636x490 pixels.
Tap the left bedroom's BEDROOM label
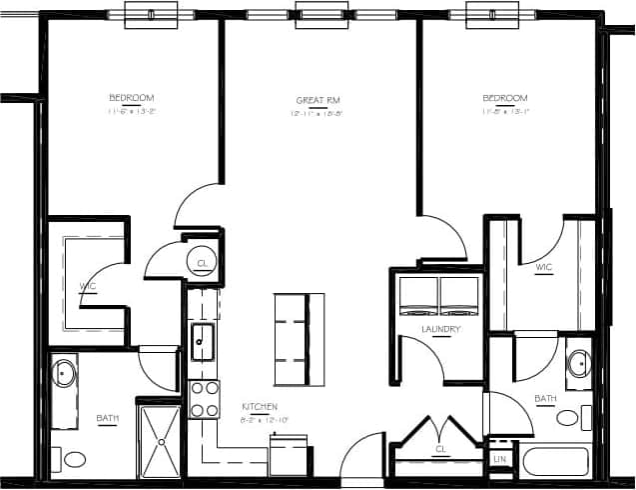132,97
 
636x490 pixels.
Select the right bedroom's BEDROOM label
504,97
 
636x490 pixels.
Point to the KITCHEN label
259,407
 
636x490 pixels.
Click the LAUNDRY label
440,328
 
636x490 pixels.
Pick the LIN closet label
499,459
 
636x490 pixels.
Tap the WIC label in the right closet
544,267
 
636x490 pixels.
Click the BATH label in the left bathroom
107,418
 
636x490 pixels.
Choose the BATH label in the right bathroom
545,398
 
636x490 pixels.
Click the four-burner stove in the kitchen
204,398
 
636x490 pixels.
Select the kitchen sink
202,340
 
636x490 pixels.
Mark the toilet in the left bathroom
74,460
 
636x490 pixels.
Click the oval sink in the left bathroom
65,375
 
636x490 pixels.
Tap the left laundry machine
418,296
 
